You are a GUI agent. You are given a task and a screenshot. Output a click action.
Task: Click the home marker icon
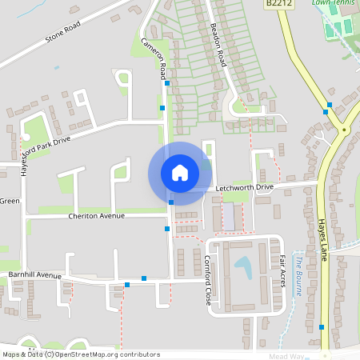pos(179,172)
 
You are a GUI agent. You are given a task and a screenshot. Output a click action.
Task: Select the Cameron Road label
pos(155,58)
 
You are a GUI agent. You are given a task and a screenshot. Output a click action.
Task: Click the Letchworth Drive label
pos(245,187)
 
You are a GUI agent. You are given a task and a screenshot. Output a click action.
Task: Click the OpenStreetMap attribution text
pos(81,354)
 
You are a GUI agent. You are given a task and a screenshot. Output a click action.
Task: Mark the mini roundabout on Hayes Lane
pos(344,129)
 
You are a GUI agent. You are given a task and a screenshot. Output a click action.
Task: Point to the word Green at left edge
pos(10,201)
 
